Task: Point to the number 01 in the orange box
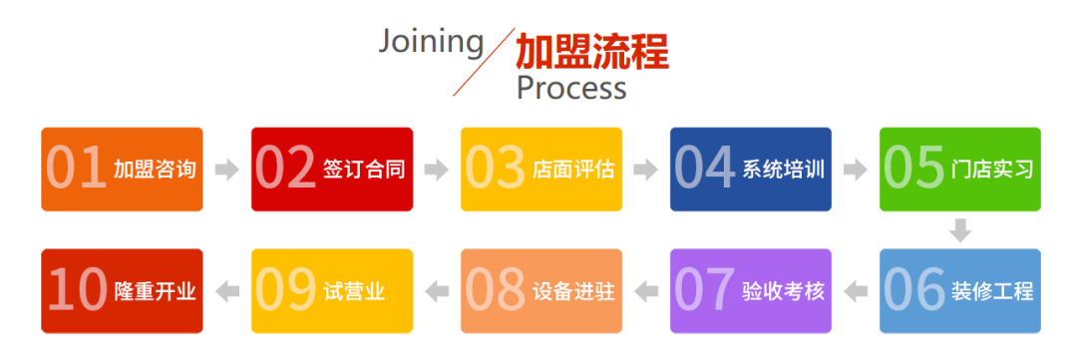[77, 169]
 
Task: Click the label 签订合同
[364, 169]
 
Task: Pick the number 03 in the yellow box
[496, 169]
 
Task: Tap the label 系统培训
[783, 169]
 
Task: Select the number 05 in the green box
[914, 169]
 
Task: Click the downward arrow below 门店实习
[959, 230]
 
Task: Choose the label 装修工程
[992, 291]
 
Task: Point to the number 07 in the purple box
[705, 291]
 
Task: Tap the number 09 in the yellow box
[286, 291]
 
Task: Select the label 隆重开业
[155, 291]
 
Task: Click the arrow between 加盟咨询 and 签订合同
[227, 170]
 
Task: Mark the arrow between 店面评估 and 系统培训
[646, 170]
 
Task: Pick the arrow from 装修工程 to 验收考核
[856, 291]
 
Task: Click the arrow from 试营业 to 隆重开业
[227, 291]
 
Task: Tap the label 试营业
[354, 291]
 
